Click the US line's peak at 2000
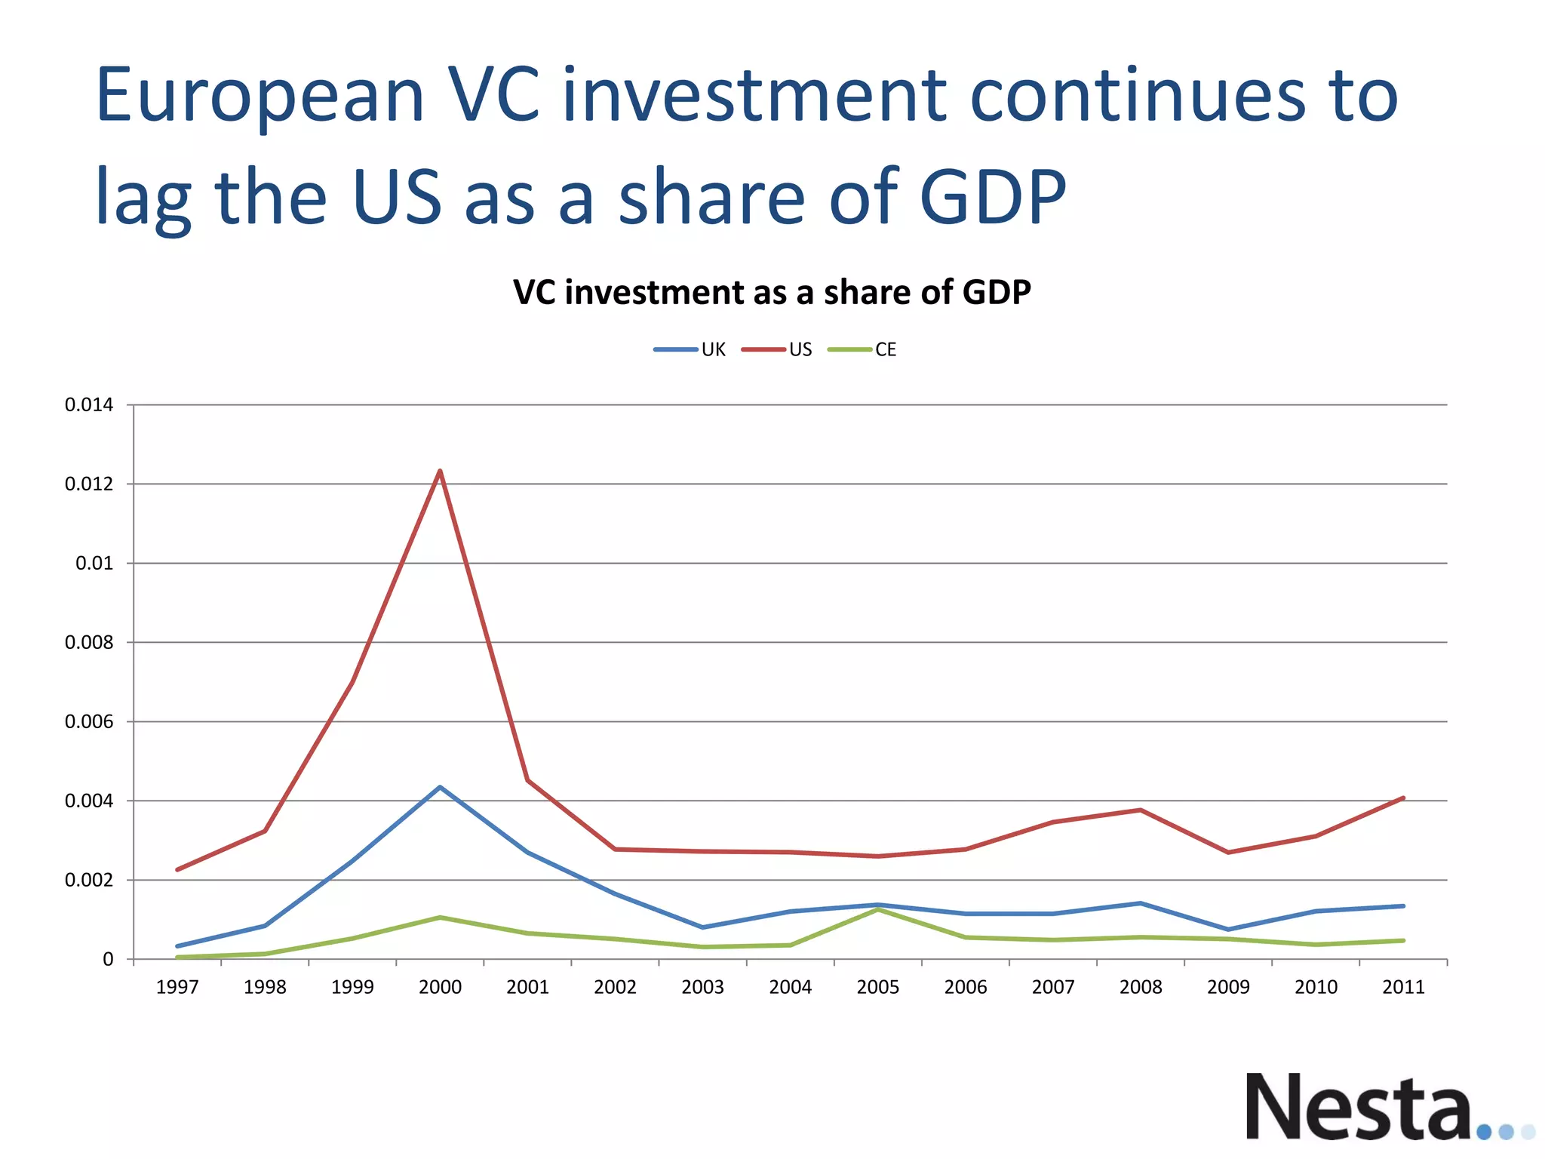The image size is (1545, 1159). pos(440,472)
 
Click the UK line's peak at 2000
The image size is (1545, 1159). pos(440,787)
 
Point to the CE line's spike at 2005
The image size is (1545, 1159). pos(878,910)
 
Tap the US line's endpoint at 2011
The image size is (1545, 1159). pos(1403,798)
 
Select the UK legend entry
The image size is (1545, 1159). pos(690,349)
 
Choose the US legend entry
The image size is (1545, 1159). pos(777,349)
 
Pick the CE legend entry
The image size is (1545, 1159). pos(862,349)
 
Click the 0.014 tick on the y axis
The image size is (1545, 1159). pos(89,405)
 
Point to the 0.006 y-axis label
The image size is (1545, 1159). pos(89,722)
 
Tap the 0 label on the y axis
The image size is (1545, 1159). pos(108,960)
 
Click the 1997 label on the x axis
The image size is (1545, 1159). pos(177,987)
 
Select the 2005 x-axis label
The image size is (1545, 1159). pos(878,987)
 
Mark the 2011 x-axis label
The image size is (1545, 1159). pos(1403,987)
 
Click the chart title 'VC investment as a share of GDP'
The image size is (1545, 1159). pos(772,292)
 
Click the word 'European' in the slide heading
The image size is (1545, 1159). pos(260,97)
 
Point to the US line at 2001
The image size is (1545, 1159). pos(528,780)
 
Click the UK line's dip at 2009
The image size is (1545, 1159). pos(1228,929)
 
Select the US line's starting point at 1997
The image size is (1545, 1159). pos(177,869)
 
